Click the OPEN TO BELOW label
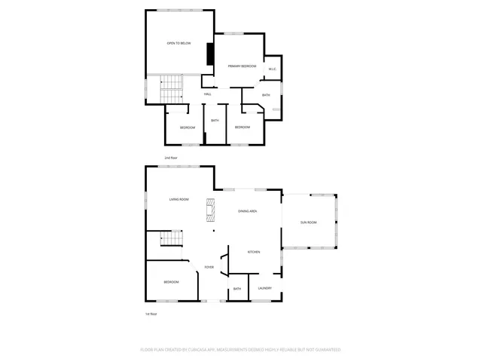[178, 44]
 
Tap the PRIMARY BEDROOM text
[243, 66]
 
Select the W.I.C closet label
[273, 69]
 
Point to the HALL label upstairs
[206, 94]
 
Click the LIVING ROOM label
[178, 199]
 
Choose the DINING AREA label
[248, 211]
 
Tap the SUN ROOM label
[309, 222]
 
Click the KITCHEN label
[254, 252]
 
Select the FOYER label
[209, 267]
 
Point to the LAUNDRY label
[264, 288]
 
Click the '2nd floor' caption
[171, 158]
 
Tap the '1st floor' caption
[151, 314]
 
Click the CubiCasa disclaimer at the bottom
[241, 350]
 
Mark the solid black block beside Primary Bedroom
[210, 55]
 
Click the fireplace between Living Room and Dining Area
[212, 209]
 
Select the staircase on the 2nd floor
[171, 90]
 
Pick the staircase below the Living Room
[172, 239]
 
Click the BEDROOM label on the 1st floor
[172, 282]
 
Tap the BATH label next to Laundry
[237, 289]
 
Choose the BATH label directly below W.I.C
[266, 95]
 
